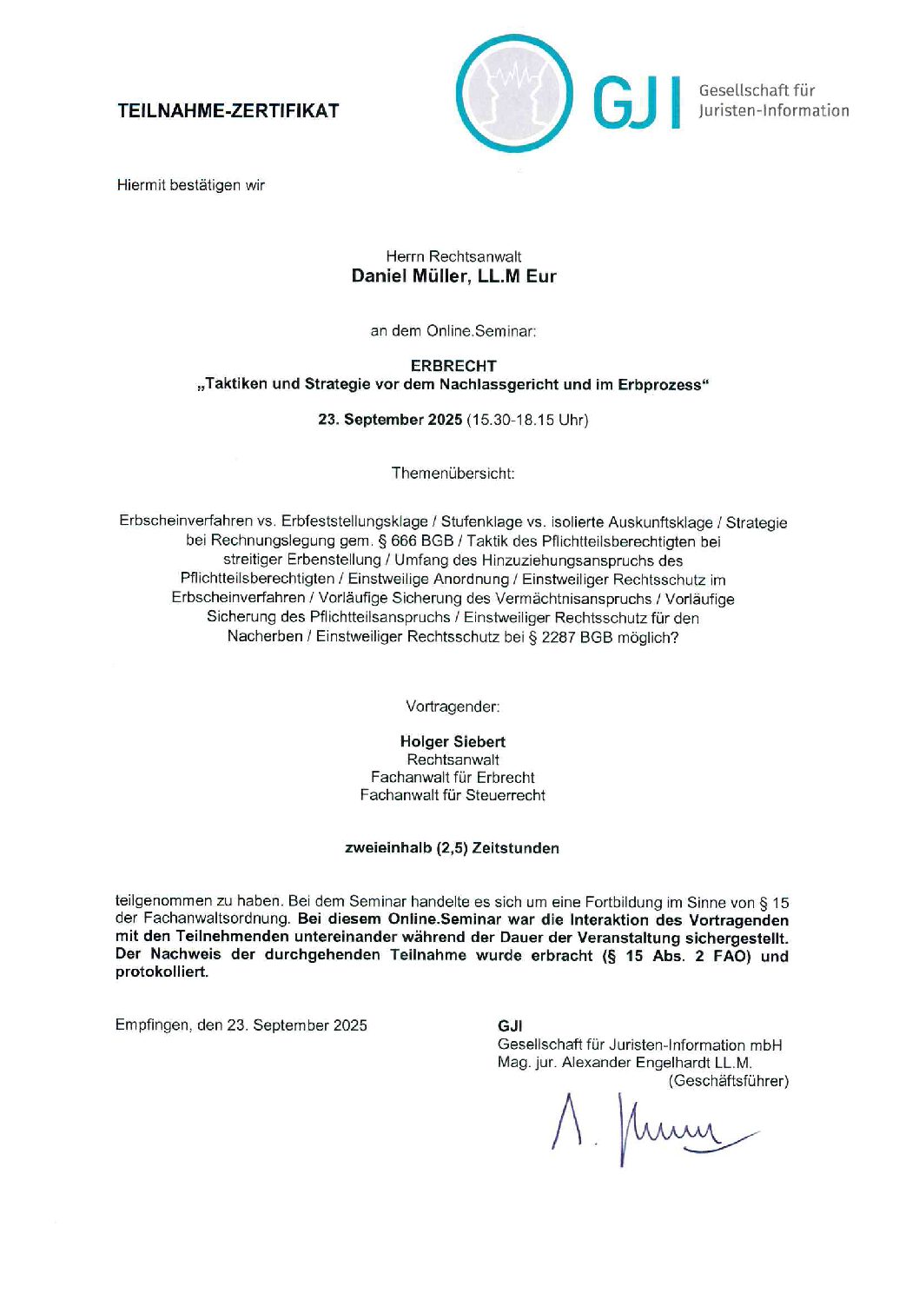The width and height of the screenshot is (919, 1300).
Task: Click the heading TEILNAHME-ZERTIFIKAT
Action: point(228,110)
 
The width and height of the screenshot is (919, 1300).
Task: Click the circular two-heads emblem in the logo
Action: point(514,93)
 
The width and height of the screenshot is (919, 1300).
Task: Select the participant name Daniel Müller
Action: point(411,276)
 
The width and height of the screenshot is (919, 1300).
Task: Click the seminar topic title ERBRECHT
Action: point(453,366)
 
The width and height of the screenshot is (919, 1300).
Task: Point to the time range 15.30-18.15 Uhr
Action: point(527,420)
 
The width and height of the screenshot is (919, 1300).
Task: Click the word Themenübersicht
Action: point(453,474)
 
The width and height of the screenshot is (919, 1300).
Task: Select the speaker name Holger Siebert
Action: point(453,741)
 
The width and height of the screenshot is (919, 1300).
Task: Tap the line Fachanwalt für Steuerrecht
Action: point(453,795)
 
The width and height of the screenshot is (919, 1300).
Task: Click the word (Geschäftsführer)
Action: point(728,1081)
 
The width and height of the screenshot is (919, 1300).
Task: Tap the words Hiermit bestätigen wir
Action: point(191,185)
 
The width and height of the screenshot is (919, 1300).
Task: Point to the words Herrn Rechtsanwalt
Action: point(453,256)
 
